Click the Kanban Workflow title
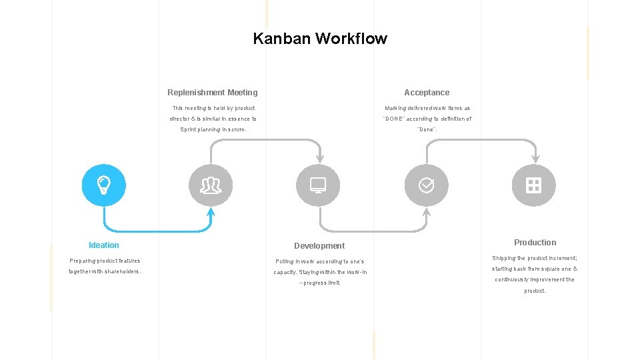(x=320, y=39)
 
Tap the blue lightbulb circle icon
(x=103, y=185)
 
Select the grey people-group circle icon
(x=211, y=185)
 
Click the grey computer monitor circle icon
(x=318, y=185)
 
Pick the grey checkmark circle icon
(x=426, y=185)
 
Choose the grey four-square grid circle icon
(x=533, y=185)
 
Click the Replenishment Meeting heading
(x=212, y=93)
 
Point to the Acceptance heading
(x=427, y=93)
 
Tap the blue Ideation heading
(x=104, y=245)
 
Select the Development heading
(x=319, y=246)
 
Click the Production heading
(x=535, y=243)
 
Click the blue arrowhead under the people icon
(x=211, y=212)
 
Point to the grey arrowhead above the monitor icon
(x=320, y=159)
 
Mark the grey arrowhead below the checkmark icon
(x=427, y=212)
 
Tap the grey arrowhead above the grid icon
(x=535, y=159)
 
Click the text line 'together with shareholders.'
(x=105, y=272)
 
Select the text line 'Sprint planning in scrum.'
(x=213, y=130)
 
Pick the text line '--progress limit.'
(x=319, y=283)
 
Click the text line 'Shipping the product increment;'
(x=535, y=258)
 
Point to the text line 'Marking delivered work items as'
(x=427, y=108)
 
